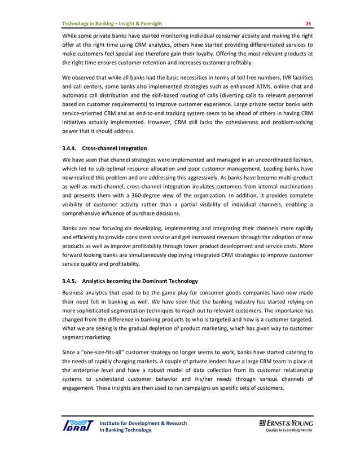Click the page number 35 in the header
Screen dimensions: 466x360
[308, 23]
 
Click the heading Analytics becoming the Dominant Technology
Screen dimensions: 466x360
[139, 280]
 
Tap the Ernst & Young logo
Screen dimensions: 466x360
[286, 423]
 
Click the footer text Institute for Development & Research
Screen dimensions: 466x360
[143, 423]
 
